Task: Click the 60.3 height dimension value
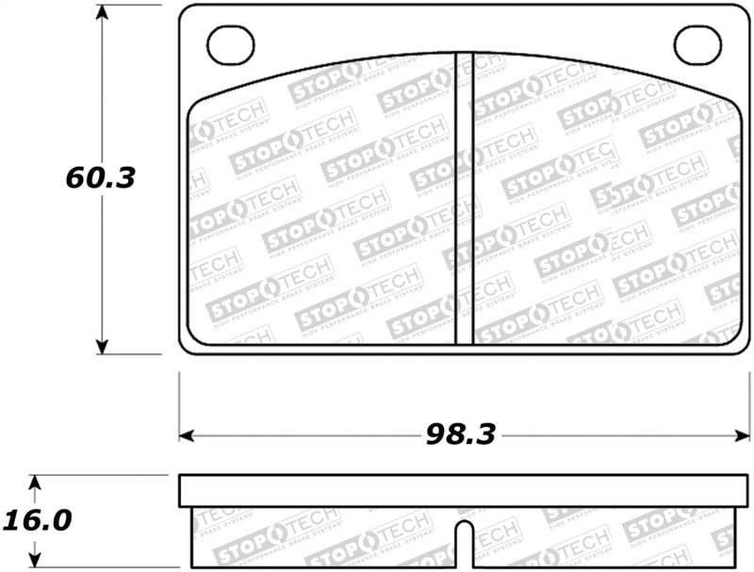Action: (x=101, y=177)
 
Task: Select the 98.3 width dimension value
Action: (x=459, y=434)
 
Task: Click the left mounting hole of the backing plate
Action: (x=231, y=45)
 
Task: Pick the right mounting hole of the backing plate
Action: (x=697, y=45)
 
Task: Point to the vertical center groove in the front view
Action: (x=464, y=198)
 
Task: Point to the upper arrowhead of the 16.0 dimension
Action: (x=35, y=483)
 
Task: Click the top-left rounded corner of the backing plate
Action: (x=185, y=11)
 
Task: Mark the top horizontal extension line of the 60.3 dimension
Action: (x=132, y=5)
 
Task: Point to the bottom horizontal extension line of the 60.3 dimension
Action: (x=132, y=355)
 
